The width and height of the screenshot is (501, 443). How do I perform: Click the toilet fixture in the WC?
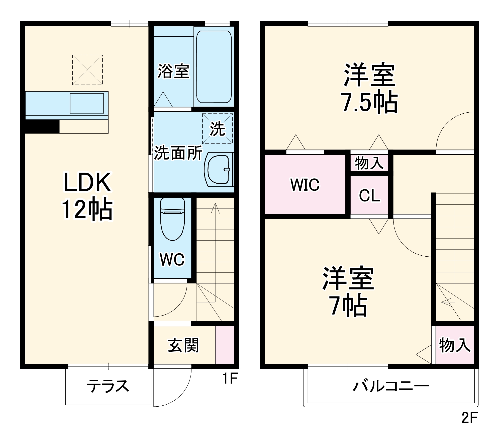[172, 219]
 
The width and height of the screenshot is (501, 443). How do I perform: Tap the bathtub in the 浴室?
[214, 66]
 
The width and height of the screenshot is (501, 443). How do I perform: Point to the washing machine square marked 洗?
[217, 129]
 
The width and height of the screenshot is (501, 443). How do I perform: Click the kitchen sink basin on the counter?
[87, 103]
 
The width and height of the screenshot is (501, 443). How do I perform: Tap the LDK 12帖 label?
[87, 196]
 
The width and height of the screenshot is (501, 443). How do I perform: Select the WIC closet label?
[305, 185]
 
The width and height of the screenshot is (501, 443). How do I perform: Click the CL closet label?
[369, 195]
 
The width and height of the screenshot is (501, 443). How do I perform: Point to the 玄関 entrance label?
[183, 345]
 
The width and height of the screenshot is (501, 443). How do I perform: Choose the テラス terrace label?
[108, 386]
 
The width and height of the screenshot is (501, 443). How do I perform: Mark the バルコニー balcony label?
[391, 386]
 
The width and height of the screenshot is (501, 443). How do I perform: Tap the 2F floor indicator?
[469, 418]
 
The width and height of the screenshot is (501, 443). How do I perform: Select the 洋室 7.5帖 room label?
[369, 88]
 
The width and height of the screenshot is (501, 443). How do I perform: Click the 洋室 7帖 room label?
[348, 291]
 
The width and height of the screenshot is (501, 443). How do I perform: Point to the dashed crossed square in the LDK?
[87, 70]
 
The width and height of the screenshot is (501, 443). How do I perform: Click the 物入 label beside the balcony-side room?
[455, 345]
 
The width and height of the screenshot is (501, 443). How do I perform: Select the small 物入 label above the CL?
[369, 163]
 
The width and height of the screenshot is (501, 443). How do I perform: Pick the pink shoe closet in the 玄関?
[225, 345]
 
